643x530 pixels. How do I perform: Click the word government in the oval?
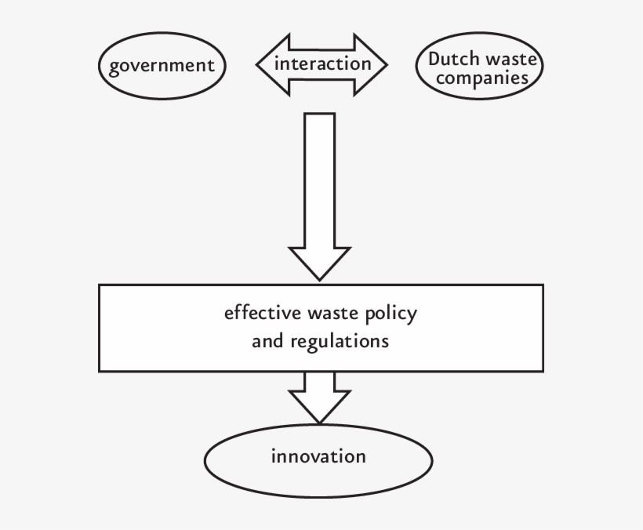pyautogui.click(x=162, y=66)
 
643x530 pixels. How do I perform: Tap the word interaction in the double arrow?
pyautogui.click(x=322, y=64)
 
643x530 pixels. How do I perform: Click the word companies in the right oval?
pyautogui.click(x=477, y=79)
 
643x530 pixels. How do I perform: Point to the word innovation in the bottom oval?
pyautogui.click(x=318, y=456)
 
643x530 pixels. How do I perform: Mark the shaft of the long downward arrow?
pyautogui.click(x=318, y=180)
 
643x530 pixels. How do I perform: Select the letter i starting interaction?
pyautogui.click(x=276, y=63)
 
